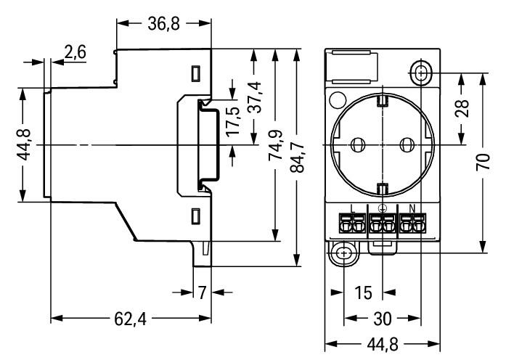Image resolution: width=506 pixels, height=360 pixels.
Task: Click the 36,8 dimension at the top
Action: click(x=164, y=24)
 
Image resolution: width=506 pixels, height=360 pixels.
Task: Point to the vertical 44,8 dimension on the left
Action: click(x=24, y=145)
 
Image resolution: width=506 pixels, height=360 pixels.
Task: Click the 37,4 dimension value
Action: click(x=254, y=97)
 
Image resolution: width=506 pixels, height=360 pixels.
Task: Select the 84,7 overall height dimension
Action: click(x=298, y=158)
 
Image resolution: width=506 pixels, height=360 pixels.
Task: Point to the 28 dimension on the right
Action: click(x=462, y=108)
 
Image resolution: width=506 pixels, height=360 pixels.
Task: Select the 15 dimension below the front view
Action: click(x=364, y=292)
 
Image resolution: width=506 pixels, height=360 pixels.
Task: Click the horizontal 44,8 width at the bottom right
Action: click(x=382, y=343)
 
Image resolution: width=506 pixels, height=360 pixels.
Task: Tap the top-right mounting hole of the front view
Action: click(x=422, y=73)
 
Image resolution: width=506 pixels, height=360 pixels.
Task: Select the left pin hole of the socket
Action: click(x=356, y=145)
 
